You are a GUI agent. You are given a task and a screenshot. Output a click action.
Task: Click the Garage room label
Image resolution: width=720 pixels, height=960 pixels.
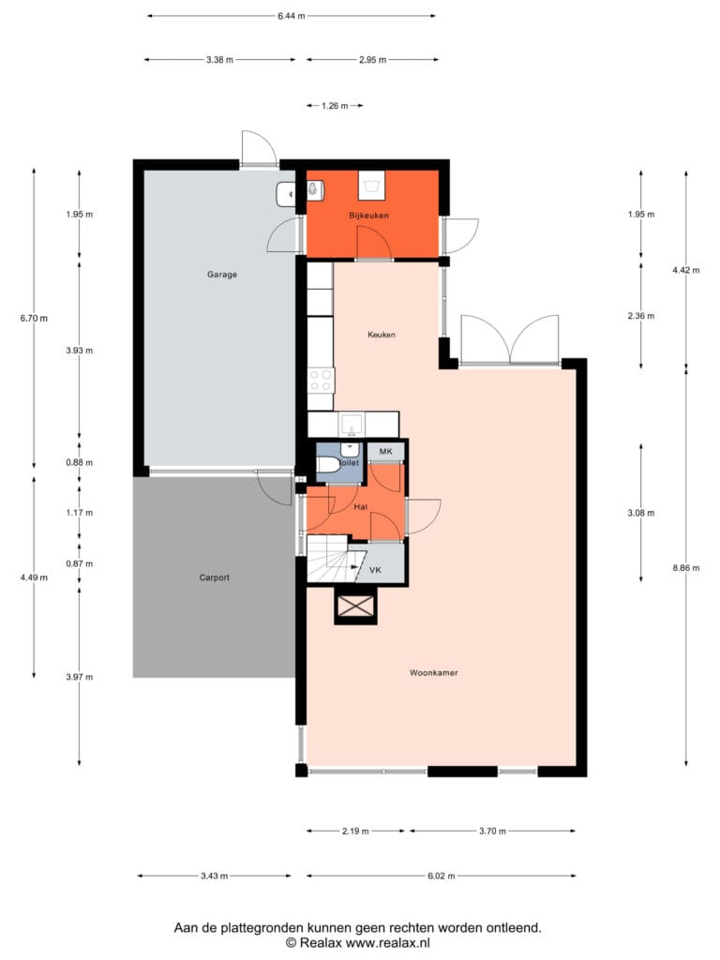[x=221, y=275]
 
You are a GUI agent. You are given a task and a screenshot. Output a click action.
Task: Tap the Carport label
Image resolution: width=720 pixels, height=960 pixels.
[x=215, y=577]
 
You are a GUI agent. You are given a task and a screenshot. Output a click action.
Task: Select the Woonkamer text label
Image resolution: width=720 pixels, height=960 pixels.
[x=433, y=673]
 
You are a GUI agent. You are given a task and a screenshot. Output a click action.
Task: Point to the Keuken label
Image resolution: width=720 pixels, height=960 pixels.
[x=382, y=335]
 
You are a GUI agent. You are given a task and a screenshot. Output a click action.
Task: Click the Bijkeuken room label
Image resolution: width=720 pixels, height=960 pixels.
[x=368, y=216]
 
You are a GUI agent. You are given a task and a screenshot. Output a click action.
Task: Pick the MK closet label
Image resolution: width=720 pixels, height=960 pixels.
[x=385, y=452]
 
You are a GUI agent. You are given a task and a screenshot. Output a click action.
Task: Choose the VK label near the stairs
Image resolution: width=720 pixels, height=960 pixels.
[x=375, y=570]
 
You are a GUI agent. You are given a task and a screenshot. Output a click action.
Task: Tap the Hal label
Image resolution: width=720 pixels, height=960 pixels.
[x=361, y=507]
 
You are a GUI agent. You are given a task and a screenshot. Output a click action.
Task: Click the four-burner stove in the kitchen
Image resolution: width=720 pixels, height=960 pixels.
[x=321, y=381]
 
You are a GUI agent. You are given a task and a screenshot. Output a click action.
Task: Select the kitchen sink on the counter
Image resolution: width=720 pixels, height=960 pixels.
[x=352, y=425]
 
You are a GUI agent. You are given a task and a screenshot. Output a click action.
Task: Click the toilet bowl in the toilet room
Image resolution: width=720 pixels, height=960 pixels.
[x=328, y=464]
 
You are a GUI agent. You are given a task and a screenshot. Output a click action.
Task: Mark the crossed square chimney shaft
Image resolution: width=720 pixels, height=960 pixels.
[x=355, y=607]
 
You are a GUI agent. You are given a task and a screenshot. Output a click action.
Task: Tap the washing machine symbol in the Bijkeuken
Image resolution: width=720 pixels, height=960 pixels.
[x=371, y=186]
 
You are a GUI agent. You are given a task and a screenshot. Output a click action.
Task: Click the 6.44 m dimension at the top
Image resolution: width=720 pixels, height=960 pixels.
[x=292, y=16]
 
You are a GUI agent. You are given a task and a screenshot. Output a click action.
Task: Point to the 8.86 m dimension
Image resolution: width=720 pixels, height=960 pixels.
[x=685, y=568]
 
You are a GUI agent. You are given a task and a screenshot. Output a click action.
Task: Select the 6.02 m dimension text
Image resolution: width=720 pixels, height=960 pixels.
[x=441, y=877]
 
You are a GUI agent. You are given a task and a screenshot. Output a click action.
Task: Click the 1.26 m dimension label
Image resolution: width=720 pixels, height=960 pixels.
[x=335, y=106]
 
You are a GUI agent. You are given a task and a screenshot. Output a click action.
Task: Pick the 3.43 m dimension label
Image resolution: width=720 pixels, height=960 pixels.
[x=215, y=877]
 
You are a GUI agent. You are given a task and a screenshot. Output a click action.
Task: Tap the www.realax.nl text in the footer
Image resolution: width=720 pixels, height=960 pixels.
[x=388, y=943]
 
